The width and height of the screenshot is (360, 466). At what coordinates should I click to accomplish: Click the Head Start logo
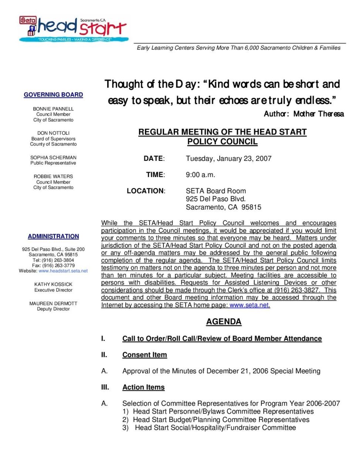coord(74,28)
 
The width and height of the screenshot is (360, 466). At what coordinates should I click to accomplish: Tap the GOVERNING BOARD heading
coord(53,95)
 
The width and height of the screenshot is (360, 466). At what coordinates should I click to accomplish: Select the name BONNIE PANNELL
coord(53,109)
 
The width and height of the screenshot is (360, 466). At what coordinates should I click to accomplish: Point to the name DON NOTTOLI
coord(53,133)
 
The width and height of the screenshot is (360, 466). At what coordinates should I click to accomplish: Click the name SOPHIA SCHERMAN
coord(53,157)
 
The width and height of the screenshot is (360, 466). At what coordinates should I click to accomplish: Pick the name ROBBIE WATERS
coord(53,176)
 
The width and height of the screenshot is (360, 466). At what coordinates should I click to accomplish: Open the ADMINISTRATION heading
coord(53,236)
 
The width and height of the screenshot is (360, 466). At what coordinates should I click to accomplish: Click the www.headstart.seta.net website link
coord(63,271)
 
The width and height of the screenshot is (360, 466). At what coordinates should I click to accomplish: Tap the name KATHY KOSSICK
coord(53,284)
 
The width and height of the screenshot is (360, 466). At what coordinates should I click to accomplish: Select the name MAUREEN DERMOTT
coord(53,303)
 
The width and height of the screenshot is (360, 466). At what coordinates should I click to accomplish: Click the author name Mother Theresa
coord(318,114)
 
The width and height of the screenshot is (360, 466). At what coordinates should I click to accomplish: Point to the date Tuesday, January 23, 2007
coord(228,159)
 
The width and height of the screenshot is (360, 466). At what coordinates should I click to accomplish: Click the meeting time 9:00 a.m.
coord(200,175)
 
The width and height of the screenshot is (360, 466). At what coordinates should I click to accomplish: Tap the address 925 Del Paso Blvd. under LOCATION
coord(215,199)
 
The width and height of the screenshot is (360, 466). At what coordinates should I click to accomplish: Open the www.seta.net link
coord(249,305)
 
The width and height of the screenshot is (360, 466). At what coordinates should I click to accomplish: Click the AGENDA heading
coord(224,322)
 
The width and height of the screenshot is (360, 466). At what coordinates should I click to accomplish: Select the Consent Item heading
coord(145,355)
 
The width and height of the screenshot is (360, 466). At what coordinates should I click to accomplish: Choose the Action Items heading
coord(143,387)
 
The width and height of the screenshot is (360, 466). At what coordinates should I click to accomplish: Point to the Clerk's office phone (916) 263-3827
coord(296,290)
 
